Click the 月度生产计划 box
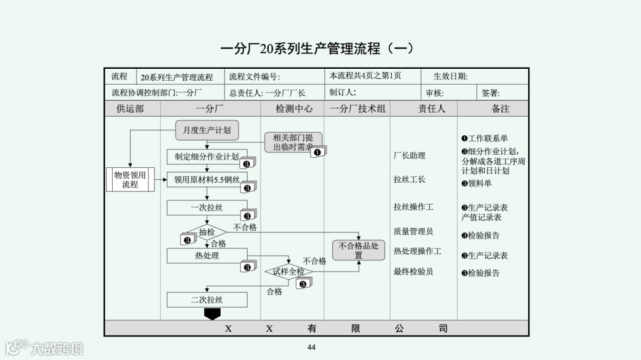207,130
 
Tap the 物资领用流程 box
130,180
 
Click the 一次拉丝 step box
207,208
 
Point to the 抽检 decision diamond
207,232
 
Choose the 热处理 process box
207,256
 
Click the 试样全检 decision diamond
288,272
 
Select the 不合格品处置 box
358,250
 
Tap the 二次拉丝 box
207,300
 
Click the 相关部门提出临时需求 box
293,142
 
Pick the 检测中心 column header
294,109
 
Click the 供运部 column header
130,109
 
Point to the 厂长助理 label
410,155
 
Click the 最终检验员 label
413,272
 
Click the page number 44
312,348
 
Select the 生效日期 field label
450,77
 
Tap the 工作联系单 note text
487,139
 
